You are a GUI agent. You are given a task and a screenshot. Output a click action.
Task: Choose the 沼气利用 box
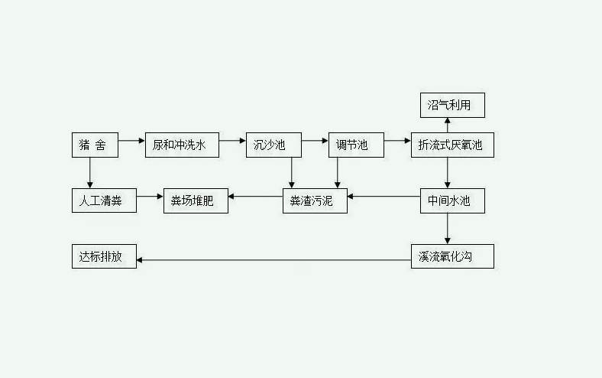452,104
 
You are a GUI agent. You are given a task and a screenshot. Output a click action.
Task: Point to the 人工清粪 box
104,201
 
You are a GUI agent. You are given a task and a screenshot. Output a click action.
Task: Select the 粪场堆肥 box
196,201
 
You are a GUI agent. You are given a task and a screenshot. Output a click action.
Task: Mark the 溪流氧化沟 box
452,256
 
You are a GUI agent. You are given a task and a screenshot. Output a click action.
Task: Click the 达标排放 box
104,256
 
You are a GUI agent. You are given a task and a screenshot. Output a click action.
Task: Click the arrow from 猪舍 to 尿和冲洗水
131,141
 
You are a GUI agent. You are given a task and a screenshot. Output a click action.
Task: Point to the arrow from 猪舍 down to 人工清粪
90,173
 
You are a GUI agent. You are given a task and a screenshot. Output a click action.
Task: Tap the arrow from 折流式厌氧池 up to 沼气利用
448,125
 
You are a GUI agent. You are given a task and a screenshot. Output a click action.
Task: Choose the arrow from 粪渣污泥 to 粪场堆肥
255,197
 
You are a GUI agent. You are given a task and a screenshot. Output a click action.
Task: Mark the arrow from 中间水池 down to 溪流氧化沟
448,229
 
